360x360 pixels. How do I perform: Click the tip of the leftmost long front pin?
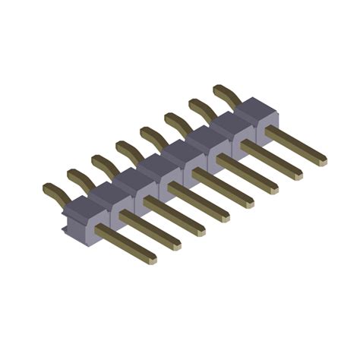click(153, 259)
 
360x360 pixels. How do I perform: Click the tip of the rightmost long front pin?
click(323, 161)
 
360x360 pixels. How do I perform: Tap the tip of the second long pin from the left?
click(177, 245)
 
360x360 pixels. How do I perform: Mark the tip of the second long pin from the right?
click(298, 175)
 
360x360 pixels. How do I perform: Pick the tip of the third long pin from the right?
click(274, 189)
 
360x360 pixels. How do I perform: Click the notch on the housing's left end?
click(64, 226)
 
